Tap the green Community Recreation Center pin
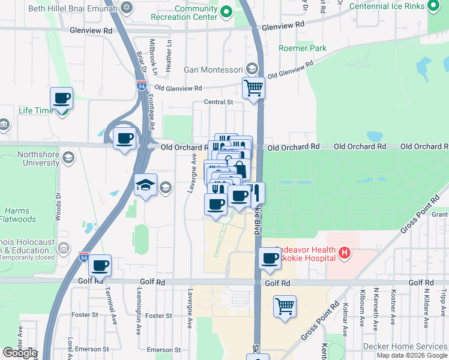point(226,11)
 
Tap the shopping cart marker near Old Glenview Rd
point(254,88)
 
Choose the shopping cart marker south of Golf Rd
point(285,306)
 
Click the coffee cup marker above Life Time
point(61,98)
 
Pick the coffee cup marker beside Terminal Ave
point(100,265)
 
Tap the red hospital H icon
point(344,253)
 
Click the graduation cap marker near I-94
point(146,185)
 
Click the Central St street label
point(218,103)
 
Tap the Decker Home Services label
point(405,346)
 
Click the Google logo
point(20,353)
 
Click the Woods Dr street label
point(59,205)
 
